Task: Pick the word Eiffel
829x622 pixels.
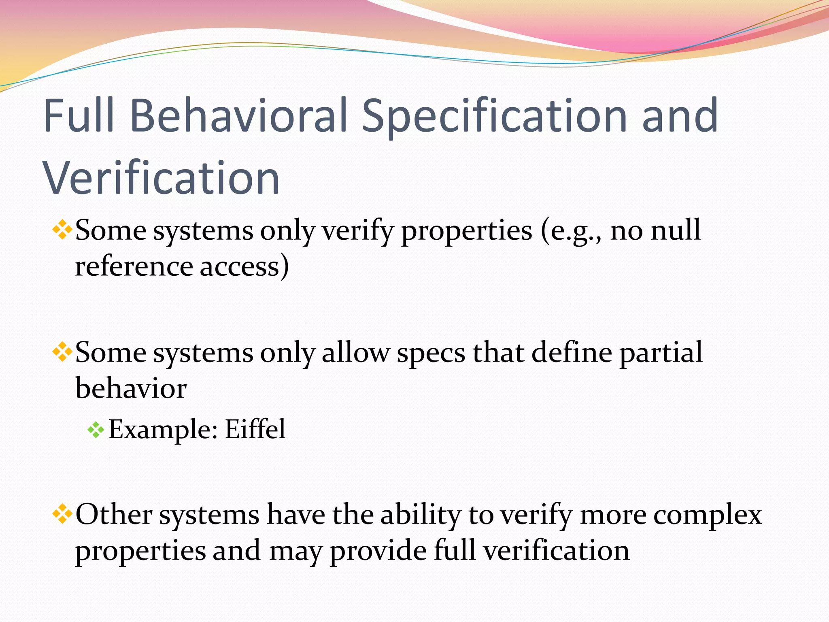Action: click(x=255, y=429)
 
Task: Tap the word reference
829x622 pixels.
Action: click(x=134, y=266)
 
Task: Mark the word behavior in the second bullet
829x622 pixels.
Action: click(x=131, y=388)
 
